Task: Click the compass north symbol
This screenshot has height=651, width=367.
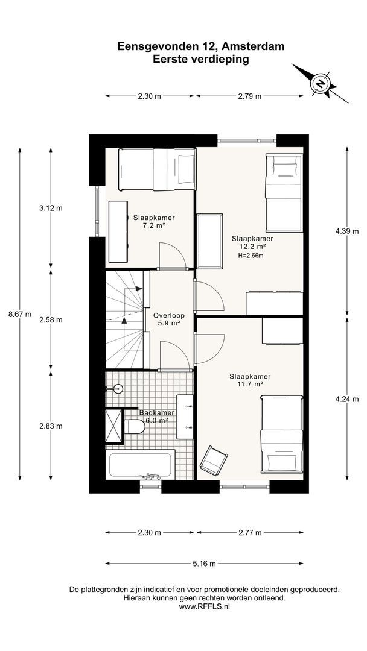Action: [320, 83]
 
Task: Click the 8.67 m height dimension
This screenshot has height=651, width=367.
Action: [19, 314]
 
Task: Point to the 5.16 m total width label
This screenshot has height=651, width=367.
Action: [204, 564]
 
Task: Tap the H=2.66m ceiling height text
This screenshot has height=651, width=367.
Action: [251, 256]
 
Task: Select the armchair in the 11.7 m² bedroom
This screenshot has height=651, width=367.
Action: [213, 460]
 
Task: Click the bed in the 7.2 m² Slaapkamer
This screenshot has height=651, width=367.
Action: [157, 169]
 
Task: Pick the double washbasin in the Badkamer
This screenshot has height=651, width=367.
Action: [185, 417]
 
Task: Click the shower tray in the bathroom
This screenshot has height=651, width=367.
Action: [114, 426]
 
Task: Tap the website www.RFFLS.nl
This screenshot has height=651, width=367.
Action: [204, 606]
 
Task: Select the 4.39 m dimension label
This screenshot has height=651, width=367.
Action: [347, 231]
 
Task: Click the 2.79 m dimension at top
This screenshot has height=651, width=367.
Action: [249, 96]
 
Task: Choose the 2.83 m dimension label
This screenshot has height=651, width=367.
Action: [51, 426]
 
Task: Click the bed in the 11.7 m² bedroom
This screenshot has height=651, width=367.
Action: [281, 434]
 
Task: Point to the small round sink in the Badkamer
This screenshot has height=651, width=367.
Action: [117, 389]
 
